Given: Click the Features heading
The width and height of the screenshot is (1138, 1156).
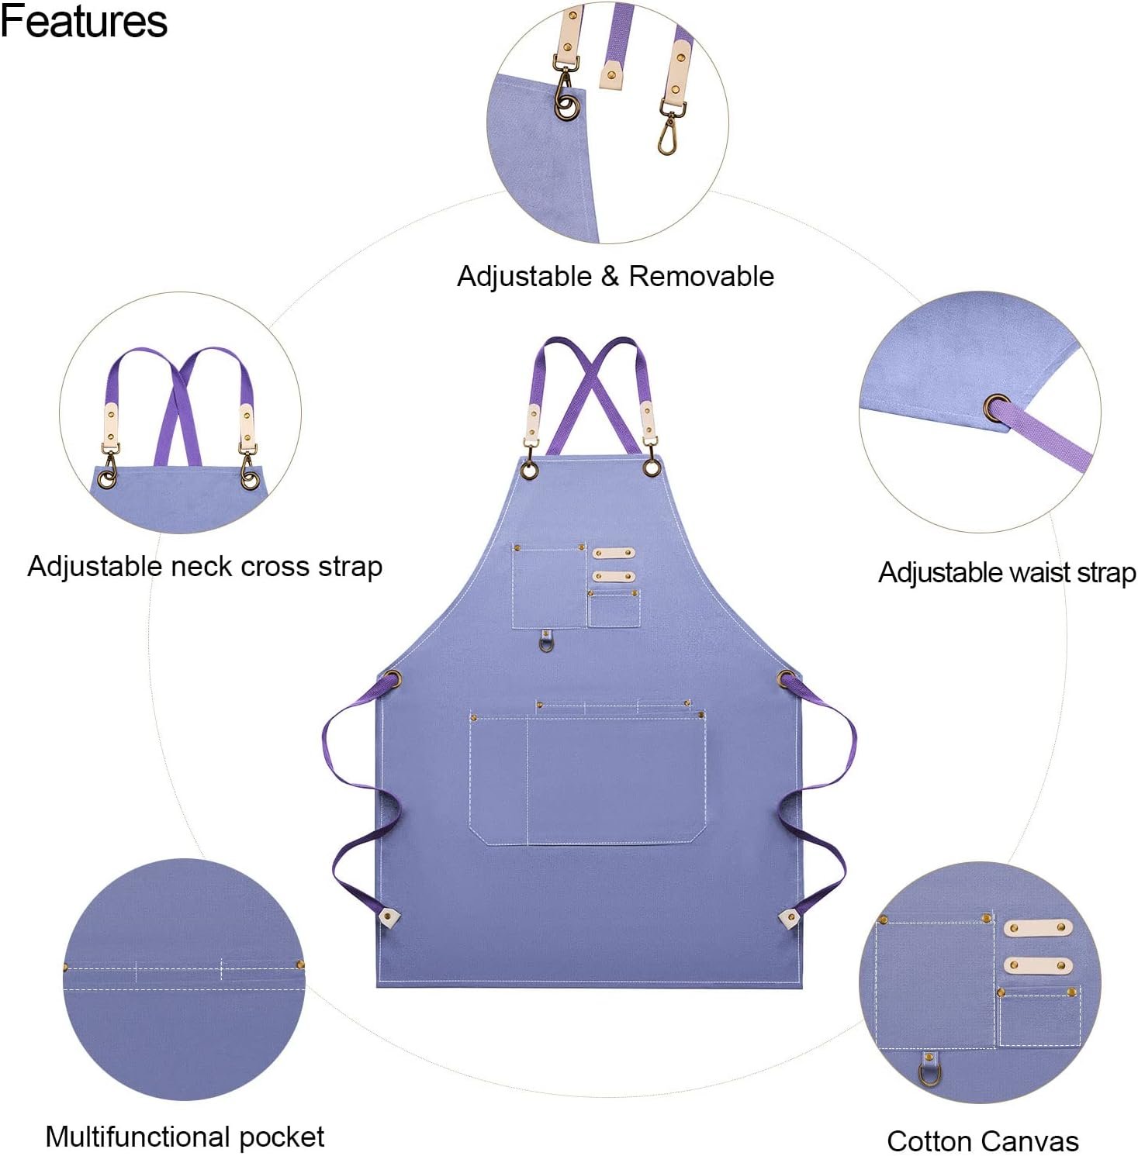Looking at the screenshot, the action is click(84, 21).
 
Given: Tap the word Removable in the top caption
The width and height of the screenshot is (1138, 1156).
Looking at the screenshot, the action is click(701, 276).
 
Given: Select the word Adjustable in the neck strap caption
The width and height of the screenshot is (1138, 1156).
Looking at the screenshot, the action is click(95, 567).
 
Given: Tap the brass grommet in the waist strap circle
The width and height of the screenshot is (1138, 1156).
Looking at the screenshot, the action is click(997, 407).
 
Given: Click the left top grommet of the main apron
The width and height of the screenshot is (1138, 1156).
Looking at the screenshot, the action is click(530, 471).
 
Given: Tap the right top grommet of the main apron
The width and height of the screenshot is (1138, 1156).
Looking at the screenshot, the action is click(652, 468).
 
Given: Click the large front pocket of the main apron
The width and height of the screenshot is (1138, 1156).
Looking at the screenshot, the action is click(587, 778).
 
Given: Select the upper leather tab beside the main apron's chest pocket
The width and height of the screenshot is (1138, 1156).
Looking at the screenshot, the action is click(614, 553).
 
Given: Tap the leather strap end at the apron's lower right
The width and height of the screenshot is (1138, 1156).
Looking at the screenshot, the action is click(789, 919).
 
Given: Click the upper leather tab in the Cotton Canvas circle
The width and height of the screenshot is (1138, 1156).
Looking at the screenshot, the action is click(1038, 928).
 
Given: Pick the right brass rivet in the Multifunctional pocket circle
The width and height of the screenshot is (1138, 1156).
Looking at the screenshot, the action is click(300, 965).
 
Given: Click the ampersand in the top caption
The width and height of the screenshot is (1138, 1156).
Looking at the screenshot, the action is click(610, 277).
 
